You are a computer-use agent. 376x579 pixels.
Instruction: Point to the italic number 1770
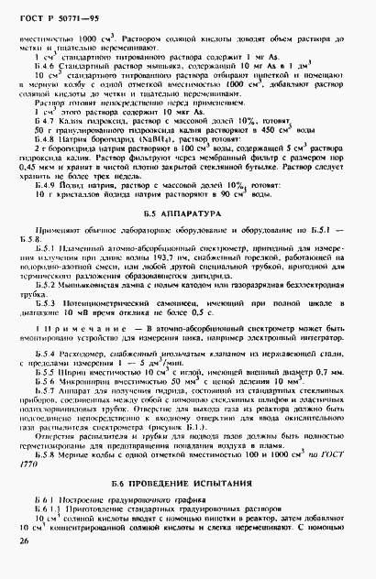[33, 460]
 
